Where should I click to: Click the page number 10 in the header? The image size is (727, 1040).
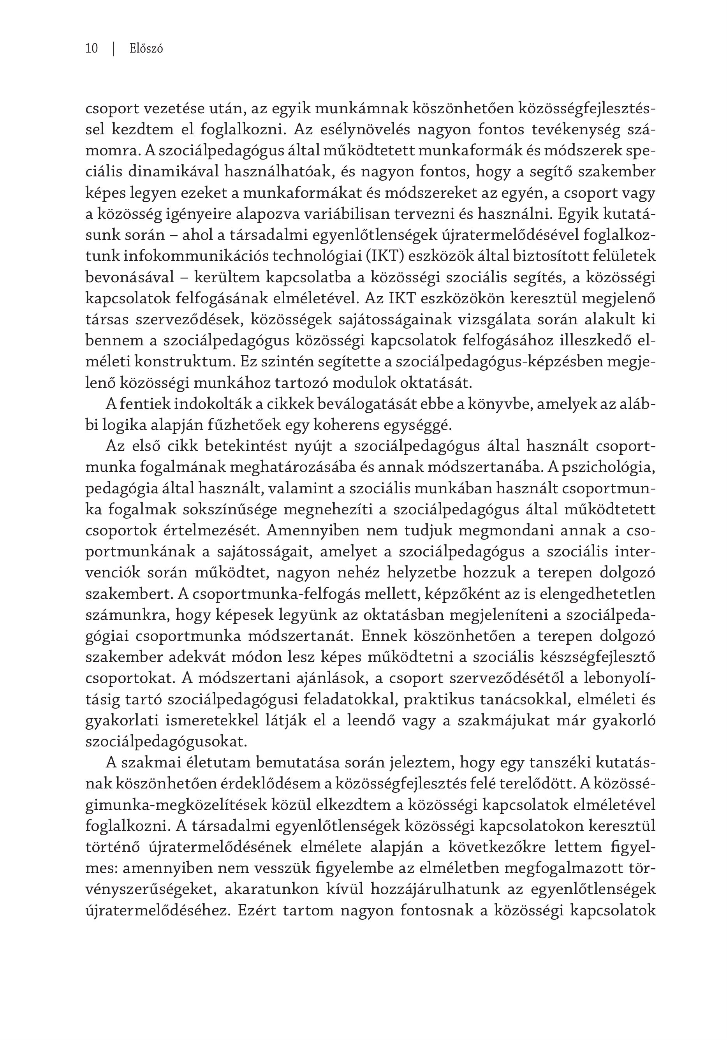click(x=92, y=48)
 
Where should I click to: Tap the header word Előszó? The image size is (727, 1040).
click(x=146, y=48)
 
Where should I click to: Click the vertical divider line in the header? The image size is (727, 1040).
click(x=113, y=48)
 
